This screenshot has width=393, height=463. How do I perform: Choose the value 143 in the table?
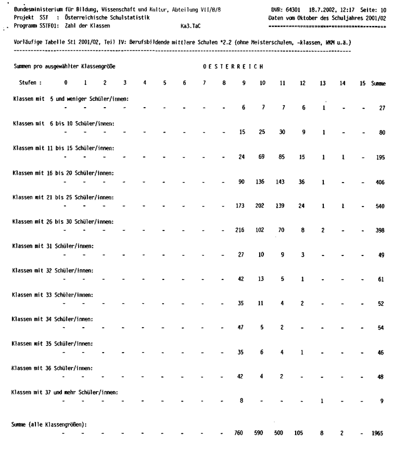(283, 181)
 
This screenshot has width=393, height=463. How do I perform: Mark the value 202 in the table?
(262, 205)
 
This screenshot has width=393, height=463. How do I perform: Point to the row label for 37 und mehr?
(65, 392)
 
